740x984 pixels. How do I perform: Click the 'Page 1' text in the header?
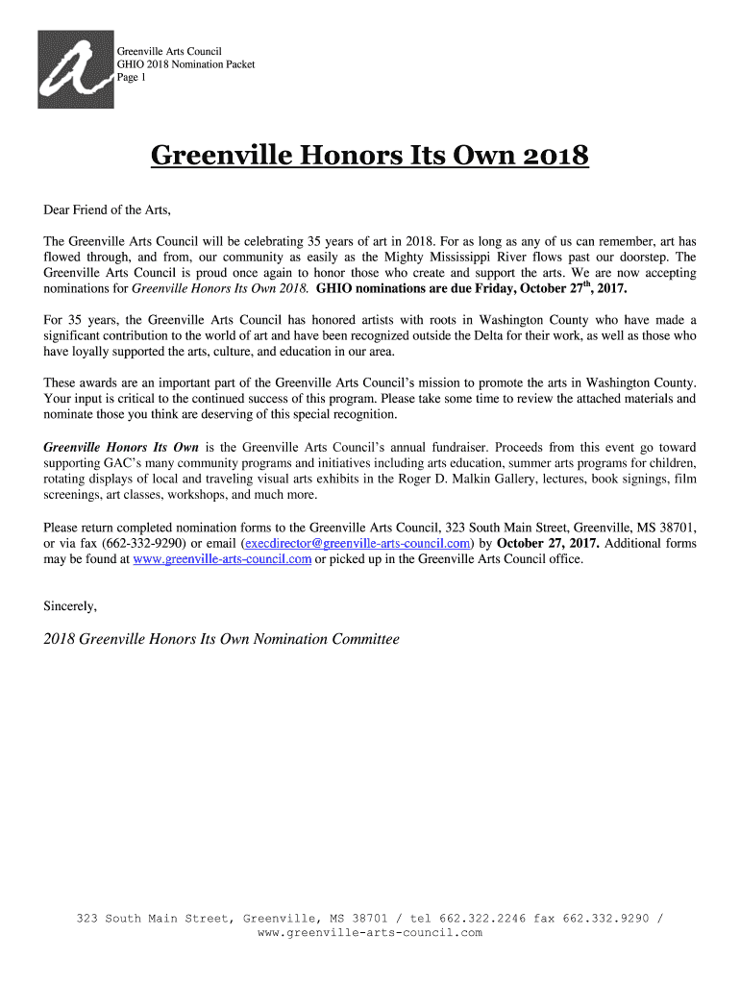[132, 78]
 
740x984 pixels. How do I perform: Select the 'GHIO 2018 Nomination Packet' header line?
[185, 63]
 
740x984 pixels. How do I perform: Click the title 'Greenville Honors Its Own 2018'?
[369, 156]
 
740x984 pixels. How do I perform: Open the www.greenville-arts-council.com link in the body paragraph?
[222, 558]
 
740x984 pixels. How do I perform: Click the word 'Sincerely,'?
[70, 605]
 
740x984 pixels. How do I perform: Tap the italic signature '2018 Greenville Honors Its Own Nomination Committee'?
[221, 639]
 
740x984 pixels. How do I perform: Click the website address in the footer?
[369, 933]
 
